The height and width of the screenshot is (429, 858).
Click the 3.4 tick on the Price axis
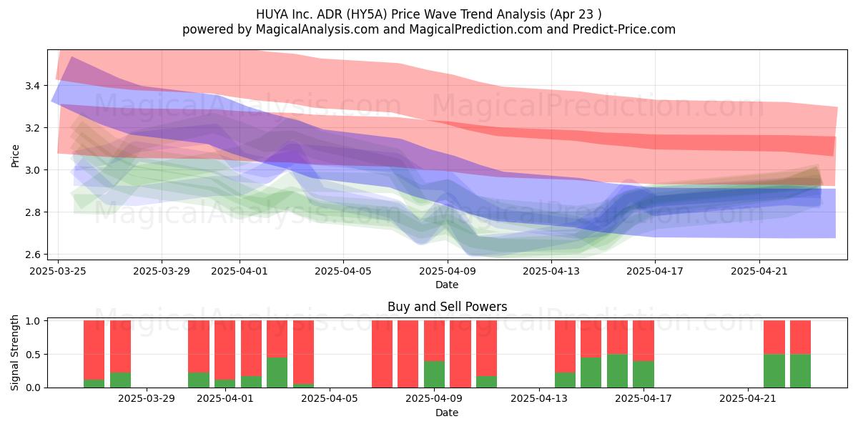click(32, 85)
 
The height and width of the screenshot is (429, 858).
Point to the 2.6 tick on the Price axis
click(32, 255)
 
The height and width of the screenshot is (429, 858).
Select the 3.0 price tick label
click(32, 170)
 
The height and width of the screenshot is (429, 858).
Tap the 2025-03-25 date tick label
click(58, 271)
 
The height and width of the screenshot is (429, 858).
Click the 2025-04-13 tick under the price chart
click(551, 271)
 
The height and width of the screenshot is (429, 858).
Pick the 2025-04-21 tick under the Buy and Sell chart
click(748, 399)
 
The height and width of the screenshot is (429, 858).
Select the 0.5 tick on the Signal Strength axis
click(32, 355)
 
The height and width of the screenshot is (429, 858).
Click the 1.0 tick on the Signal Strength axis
click(32, 321)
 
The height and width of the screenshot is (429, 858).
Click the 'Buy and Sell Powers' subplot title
click(447, 307)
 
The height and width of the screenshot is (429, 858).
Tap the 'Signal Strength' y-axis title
click(14, 352)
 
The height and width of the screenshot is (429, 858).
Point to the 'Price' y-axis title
click(15, 156)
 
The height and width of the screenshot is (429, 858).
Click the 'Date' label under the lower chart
click(447, 413)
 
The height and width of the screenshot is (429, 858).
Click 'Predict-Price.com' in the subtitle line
click(624, 29)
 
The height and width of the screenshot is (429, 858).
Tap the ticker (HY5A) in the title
click(368, 14)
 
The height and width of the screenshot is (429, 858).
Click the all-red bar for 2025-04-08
click(408, 354)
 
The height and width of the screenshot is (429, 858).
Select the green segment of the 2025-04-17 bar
click(643, 374)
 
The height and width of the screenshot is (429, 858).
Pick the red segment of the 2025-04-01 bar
click(225, 350)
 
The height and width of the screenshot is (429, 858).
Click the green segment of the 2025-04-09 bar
click(434, 374)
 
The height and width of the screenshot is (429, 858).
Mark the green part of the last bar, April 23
click(800, 371)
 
